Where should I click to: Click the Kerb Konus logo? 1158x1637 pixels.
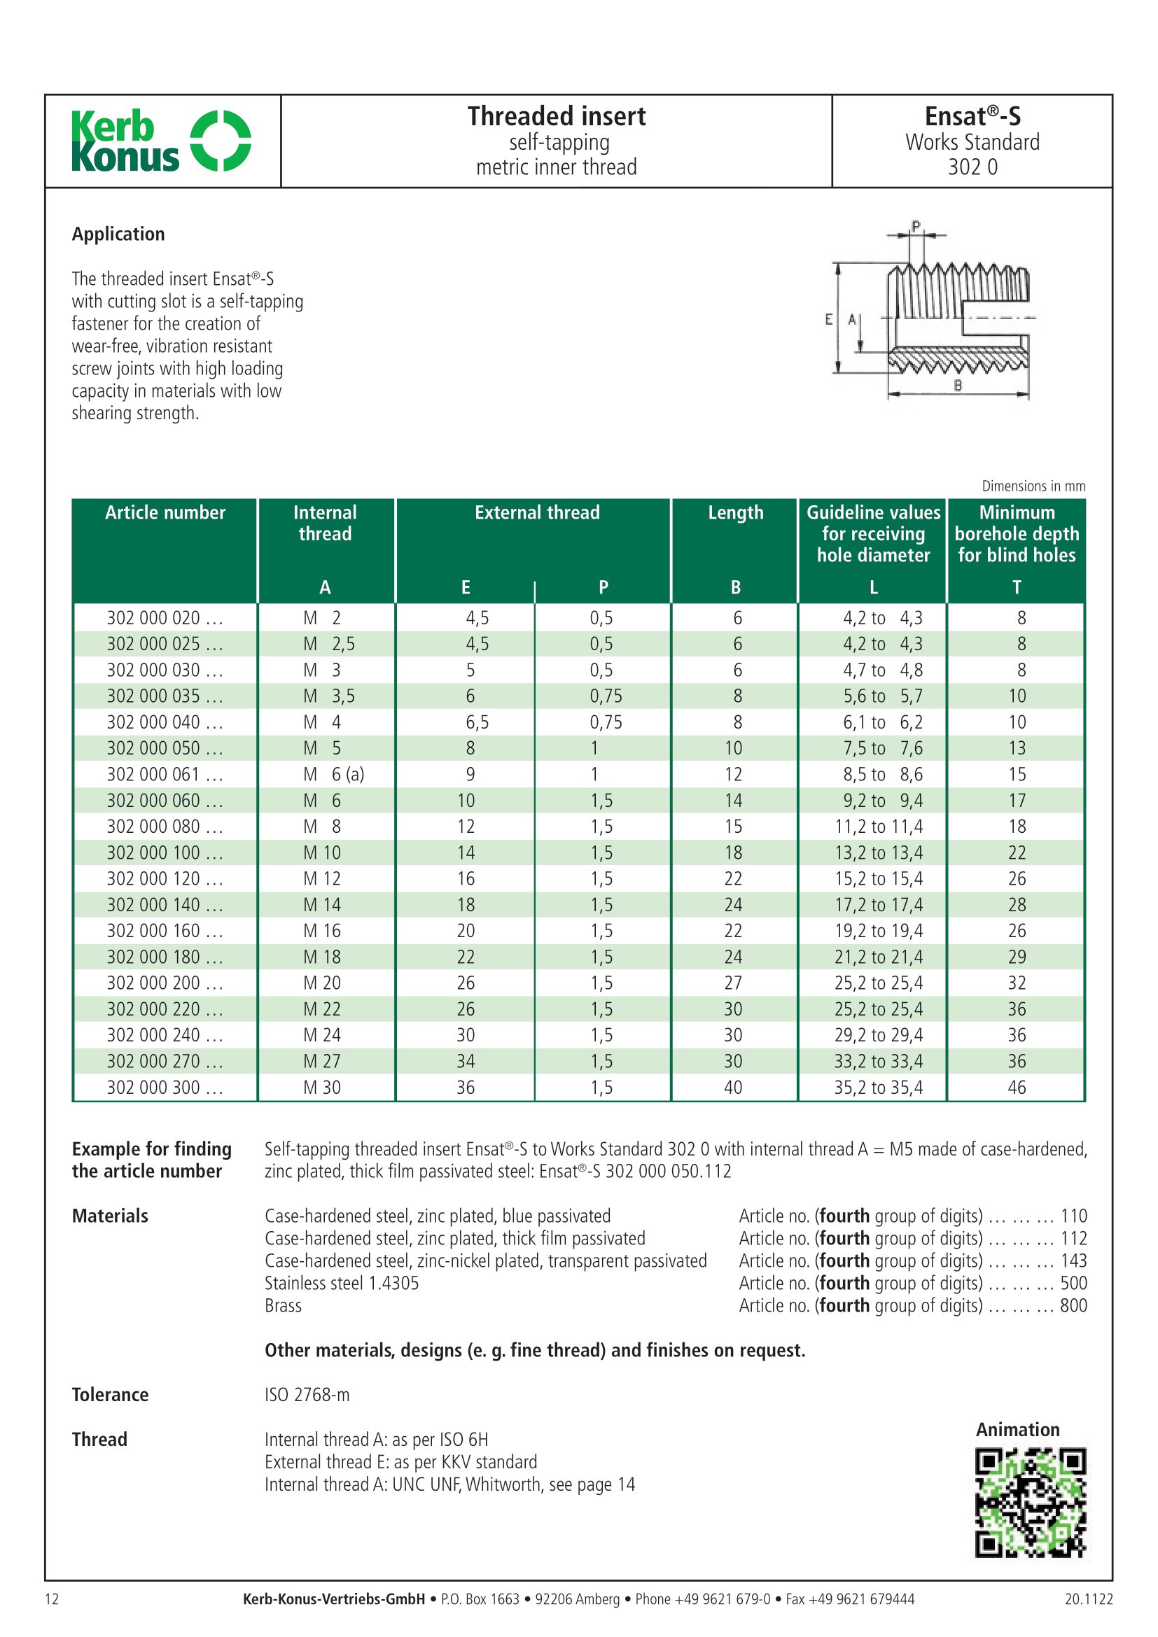click(161, 141)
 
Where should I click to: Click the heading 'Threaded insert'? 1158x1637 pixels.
click(556, 116)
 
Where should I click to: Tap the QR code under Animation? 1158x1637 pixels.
click(1030, 1502)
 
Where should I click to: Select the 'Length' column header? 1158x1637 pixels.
click(735, 512)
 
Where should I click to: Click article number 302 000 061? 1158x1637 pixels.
click(165, 774)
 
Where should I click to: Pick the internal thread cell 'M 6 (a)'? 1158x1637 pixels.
click(333, 774)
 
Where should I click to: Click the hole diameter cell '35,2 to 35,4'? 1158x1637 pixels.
click(878, 1088)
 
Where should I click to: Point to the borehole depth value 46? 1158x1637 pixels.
click(1017, 1088)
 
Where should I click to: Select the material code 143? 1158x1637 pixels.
click(1073, 1260)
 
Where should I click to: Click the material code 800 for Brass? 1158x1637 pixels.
click(1073, 1305)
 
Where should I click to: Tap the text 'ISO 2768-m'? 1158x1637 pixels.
click(307, 1395)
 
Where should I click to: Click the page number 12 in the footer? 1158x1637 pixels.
click(52, 1599)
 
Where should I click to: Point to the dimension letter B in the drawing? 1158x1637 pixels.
click(958, 386)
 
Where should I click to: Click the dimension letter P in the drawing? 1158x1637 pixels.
click(916, 226)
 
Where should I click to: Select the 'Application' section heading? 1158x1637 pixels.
click(118, 234)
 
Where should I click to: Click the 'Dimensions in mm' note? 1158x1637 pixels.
click(1033, 486)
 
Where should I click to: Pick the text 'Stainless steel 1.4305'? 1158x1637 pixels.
click(342, 1284)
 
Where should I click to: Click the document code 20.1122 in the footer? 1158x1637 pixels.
click(1088, 1599)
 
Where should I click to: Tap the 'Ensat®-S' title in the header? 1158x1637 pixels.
click(972, 116)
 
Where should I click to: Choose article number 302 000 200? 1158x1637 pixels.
click(165, 983)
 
